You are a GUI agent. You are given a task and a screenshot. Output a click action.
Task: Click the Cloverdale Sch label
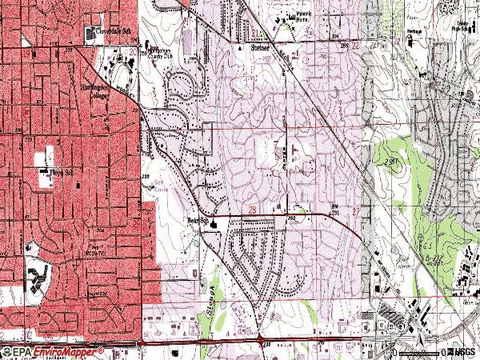111,30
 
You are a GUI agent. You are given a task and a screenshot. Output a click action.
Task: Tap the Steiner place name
262,48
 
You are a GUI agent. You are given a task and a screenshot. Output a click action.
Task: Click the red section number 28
252,209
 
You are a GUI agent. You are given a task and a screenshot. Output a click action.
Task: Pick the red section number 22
354,47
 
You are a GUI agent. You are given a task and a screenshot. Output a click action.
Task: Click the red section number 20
131,50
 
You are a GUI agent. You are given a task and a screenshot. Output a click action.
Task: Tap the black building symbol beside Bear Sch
214,224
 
